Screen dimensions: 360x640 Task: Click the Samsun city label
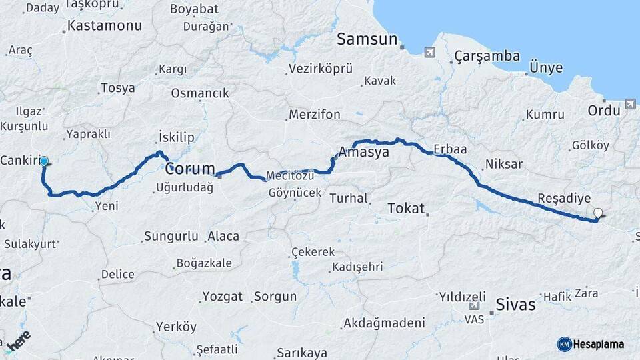click(x=367, y=39)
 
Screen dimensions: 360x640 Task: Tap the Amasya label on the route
click(x=364, y=153)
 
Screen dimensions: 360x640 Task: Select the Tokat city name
click(x=406, y=209)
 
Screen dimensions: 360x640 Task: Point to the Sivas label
click(x=515, y=305)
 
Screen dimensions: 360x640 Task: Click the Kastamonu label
click(x=105, y=26)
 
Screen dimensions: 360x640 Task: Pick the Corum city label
click(x=190, y=168)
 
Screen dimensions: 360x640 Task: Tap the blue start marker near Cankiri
click(x=44, y=161)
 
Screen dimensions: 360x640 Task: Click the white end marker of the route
click(x=598, y=213)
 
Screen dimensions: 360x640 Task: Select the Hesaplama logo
click(x=591, y=344)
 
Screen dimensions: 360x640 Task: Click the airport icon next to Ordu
click(x=631, y=105)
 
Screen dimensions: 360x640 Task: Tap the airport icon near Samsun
click(x=429, y=52)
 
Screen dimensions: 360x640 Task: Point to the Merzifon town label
click(x=314, y=115)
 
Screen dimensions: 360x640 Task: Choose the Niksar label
click(x=504, y=164)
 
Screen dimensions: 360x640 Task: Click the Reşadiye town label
click(x=564, y=199)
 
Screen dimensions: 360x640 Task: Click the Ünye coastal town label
click(x=545, y=68)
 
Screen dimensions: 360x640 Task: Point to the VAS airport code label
click(x=474, y=320)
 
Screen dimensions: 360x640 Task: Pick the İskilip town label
click(x=177, y=137)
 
